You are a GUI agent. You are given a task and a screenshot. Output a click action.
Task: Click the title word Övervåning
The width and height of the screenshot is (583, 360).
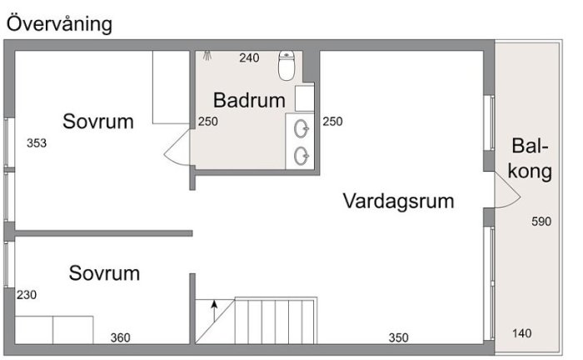[59, 24]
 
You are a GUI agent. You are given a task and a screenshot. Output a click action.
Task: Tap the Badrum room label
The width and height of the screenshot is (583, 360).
[249, 100]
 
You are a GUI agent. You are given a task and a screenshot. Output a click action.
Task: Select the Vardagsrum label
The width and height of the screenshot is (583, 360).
[398, 202]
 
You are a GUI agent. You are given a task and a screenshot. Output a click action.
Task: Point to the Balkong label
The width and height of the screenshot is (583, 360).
[530, 159]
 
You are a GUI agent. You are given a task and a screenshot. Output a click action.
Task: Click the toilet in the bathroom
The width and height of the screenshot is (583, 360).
[287, 66]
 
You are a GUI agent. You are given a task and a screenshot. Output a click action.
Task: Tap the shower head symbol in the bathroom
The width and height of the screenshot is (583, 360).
[207, 56]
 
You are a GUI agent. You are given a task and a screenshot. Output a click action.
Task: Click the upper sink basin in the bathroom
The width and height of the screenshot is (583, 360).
[301, 129]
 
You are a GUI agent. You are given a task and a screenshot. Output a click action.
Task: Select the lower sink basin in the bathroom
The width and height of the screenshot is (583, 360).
[301, 156]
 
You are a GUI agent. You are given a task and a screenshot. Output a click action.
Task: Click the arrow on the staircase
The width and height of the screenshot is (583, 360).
[214, 311]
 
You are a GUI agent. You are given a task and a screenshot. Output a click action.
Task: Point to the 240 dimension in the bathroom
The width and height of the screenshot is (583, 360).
[249, 58]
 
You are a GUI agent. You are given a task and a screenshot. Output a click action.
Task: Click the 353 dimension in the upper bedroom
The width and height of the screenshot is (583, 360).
[37, 143]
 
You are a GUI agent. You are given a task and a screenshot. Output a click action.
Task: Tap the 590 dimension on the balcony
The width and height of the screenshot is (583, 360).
[541, 222]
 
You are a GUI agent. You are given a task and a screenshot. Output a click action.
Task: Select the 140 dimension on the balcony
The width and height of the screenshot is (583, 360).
[521, 333]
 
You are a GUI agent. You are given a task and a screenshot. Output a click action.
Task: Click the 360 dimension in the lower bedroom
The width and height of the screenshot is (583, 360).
[121, 337]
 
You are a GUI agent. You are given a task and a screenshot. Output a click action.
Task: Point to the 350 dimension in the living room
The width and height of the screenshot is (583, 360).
[399, 337]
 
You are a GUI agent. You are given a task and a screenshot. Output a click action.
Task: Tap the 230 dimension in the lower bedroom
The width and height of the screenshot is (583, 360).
[27, 295]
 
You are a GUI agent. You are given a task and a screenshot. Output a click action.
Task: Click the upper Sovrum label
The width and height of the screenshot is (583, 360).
[98, 122]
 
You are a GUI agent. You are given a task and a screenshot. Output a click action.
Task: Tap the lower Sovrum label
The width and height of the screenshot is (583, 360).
[104, 273]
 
